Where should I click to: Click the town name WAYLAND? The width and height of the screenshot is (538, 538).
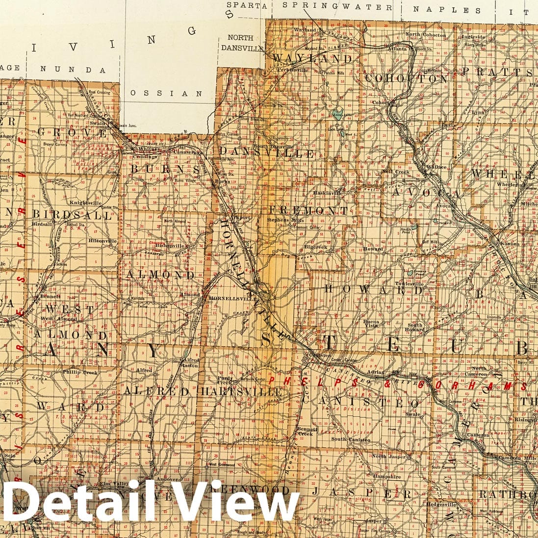(x=312, y=58)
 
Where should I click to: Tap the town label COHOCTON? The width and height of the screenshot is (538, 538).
(x=406, y=78)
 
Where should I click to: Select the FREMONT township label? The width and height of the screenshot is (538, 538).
(x=308, y=211)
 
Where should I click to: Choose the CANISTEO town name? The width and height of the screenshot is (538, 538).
(x=360, y=402)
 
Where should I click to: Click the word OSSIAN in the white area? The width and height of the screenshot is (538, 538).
(x=166, y=93)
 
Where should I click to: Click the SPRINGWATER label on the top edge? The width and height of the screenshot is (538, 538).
(x=338, y=7)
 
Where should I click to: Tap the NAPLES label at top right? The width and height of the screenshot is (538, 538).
(x=447, y=10)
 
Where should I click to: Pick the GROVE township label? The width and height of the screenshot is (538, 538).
(x=72, y=132)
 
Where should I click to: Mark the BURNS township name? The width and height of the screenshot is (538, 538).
(x=159, y=168)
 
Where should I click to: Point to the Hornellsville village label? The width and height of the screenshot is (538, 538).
(x=226, y=298)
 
